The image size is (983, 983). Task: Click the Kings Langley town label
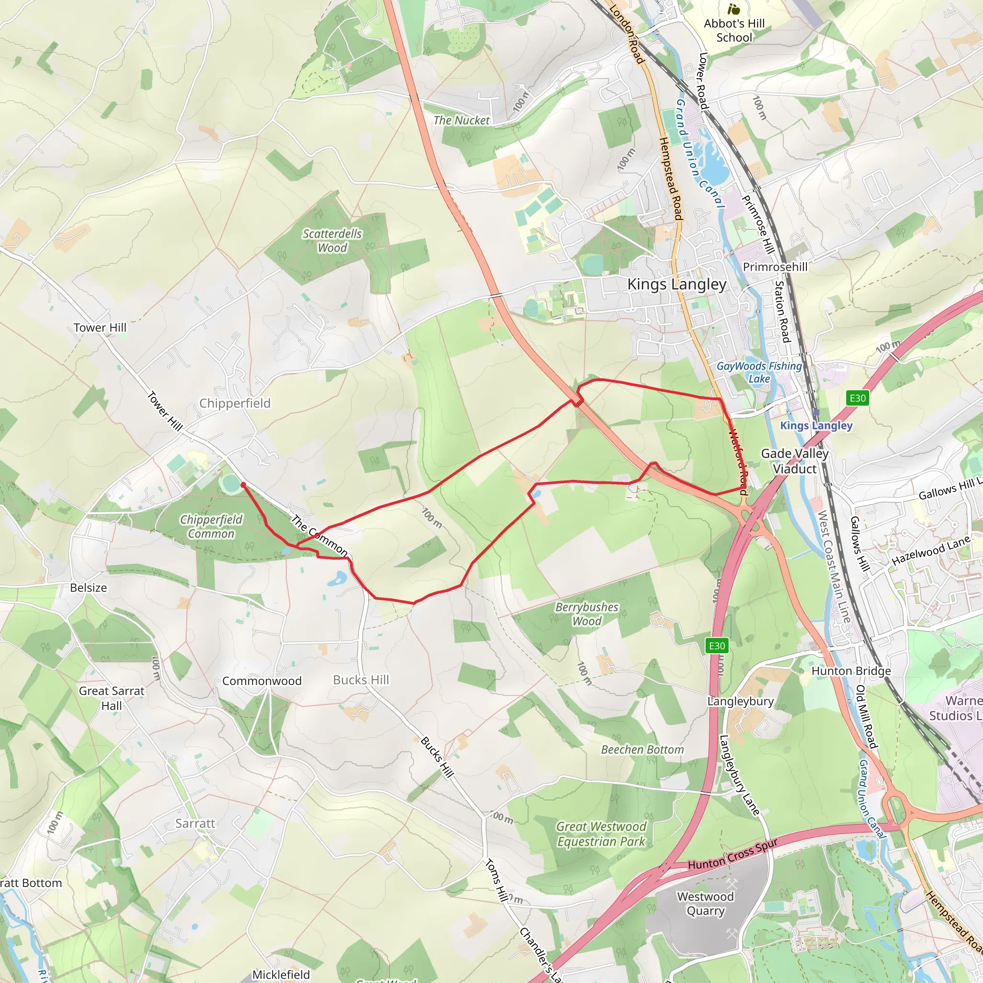pos(676,284)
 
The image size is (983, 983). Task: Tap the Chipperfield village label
pos(235,403)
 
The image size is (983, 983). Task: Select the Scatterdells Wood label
pos(332,240)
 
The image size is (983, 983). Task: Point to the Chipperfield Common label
pos(211,526)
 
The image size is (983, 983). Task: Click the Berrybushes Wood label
pos(587,613)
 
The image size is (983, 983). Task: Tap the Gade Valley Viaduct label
pos(795,461)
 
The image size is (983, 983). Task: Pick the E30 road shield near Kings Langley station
pos(857,398)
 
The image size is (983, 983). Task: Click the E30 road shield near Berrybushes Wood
pos(717,646)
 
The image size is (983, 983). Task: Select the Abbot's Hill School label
pos(734,30)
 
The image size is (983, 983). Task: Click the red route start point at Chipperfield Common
pos(243,485)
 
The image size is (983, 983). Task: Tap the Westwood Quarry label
pos(705,904)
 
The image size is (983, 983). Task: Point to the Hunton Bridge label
pos(851,671)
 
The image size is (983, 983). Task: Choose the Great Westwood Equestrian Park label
pos(601,834)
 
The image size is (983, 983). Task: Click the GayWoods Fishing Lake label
pos(759,372)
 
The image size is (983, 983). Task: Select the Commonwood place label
pos(262,681)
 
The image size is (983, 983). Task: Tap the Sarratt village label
pos(195,823)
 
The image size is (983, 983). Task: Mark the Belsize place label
pos(88,587)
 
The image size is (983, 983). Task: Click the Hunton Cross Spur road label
pos(732,857)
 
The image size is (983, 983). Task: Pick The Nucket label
pos(461,120)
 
